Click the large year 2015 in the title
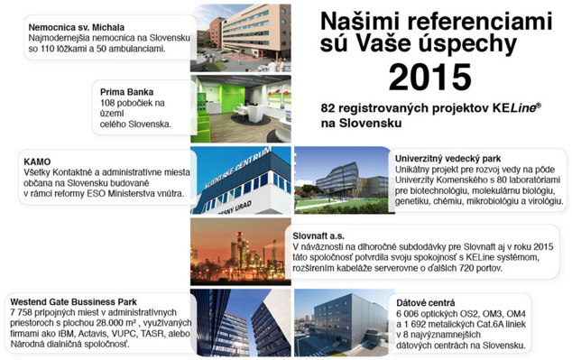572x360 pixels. coord(430,77)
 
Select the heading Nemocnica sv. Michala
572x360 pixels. coord(77,27)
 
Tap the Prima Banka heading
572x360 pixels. coord(126,92)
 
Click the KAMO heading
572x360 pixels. coord(37,162)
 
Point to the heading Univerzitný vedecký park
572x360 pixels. coord(448,159)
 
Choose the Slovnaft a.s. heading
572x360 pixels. coord(318,235)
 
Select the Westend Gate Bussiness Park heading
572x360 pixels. coord(73,302)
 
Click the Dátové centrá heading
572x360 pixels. coord(426,303)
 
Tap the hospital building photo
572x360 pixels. coord(241,38)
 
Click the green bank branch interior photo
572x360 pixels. coord(241,108)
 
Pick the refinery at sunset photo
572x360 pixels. coord(241,252)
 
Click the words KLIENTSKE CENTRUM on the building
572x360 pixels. coord(238,168)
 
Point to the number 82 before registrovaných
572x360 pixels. coord(328,108)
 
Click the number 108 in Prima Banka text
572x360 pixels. coord(107,103)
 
